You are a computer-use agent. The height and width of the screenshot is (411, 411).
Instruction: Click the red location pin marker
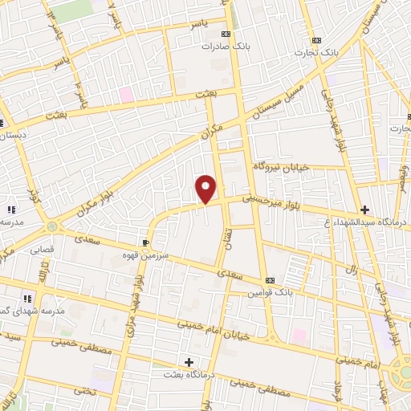(x=206, y=189)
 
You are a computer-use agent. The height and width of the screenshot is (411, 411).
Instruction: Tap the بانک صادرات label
(x=226, y=47)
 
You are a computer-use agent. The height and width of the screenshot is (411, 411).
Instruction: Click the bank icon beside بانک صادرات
(x=226, y=34)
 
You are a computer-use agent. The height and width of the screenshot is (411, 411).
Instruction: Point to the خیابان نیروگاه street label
(x=281, y=166)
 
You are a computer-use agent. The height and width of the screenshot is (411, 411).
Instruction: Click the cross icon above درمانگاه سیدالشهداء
(x=365, y=209)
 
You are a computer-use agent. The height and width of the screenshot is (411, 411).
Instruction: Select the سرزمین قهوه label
(x=146, y=254)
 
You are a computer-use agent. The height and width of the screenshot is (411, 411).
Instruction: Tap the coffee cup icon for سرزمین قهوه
(x=145, y=242)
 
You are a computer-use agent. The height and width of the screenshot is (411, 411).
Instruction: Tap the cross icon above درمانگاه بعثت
(x=189, y=362)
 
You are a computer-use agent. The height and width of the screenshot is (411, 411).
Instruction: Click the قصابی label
(x=42, y=250)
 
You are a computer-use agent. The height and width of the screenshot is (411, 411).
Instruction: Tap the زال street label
(x=350, y=270)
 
